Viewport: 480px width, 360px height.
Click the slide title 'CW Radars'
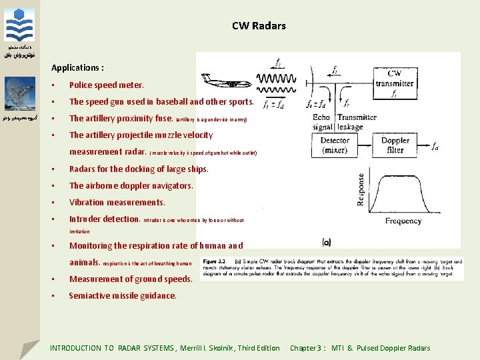click(259, 26)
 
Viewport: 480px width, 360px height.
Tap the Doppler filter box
click(395, 145)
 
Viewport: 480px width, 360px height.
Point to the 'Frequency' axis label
click(403, 221)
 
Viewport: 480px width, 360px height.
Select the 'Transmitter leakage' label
click(358, 122)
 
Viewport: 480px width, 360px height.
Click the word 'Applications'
click(75, 68)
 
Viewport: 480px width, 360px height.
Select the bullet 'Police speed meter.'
click(106, 85)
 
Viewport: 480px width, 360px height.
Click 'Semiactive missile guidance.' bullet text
click(123, 295)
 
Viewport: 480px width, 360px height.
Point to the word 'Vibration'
click(87, 202)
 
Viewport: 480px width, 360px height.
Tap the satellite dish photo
click(20, 93)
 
